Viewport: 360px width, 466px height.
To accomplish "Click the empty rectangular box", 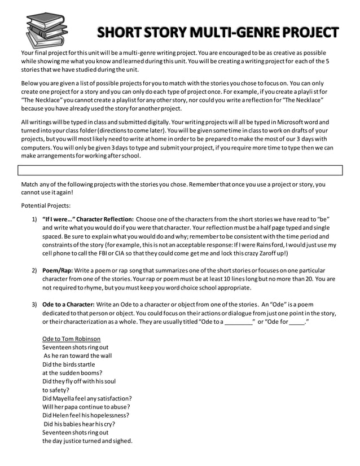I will click(x=180, y=170).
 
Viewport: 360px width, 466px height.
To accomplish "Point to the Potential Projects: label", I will click(x=46, y=205).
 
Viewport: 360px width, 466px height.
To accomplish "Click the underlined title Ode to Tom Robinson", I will click(x=72, y=338).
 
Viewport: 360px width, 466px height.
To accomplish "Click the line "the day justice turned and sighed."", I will click(x=87, y=441).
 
